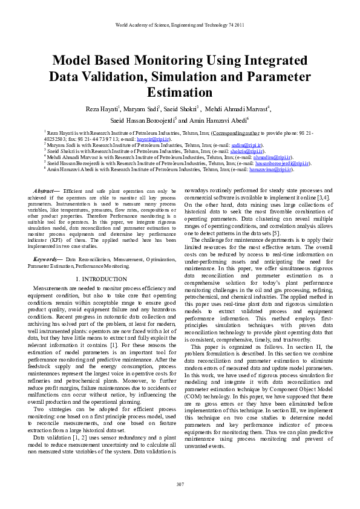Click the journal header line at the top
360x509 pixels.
[x=180, y=25]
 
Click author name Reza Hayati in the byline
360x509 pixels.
[x=103, y=109]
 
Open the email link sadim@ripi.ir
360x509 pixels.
[x=243, y=146]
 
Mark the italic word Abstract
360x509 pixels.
[x=46, y=191]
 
